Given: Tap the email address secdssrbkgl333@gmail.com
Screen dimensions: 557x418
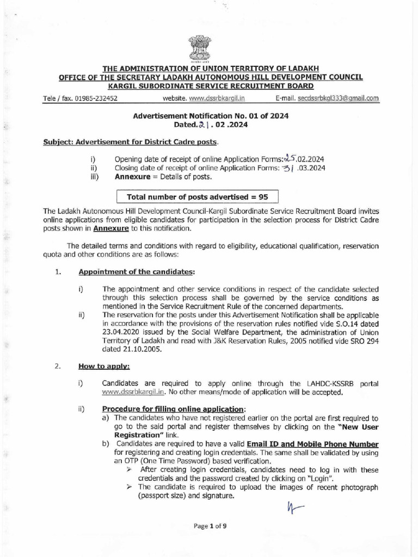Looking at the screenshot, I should click(x=338, y=98).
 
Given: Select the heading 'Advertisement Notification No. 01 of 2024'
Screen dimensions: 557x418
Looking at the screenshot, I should click(x=211, y=116).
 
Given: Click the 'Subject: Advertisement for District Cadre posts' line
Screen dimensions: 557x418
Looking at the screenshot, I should click(x=130, y=143).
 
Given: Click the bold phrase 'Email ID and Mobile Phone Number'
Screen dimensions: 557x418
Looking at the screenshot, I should click(x=312, y=444).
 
